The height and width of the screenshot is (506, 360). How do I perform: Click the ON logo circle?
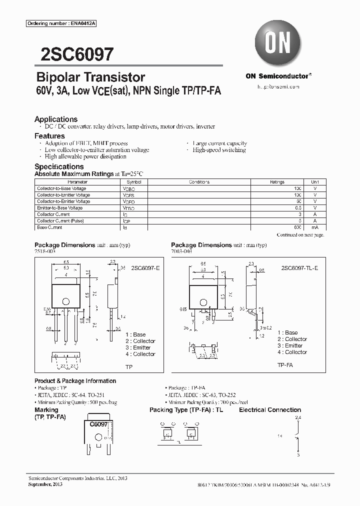277,43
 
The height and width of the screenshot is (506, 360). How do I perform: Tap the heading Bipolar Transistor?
90,77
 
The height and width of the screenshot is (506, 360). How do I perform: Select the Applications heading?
55,119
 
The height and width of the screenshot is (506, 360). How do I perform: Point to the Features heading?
49,136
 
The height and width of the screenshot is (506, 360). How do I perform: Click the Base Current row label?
49,227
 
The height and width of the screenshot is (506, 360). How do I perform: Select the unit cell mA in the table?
314,227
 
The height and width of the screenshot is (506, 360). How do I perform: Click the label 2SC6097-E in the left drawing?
146,268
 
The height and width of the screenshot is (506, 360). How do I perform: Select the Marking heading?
46,410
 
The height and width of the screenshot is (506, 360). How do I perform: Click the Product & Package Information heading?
75,381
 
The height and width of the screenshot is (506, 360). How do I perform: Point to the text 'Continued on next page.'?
300,234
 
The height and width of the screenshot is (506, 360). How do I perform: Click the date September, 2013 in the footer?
44,484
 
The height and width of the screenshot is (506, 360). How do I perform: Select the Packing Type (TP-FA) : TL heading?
186,410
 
